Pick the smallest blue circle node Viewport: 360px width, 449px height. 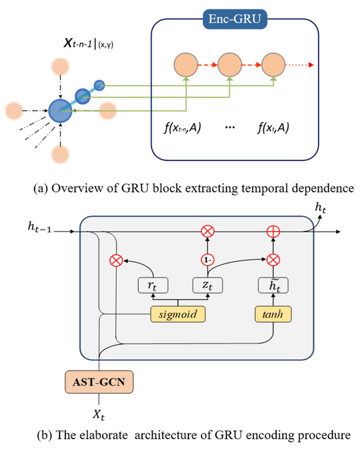[x=99, y=84]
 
